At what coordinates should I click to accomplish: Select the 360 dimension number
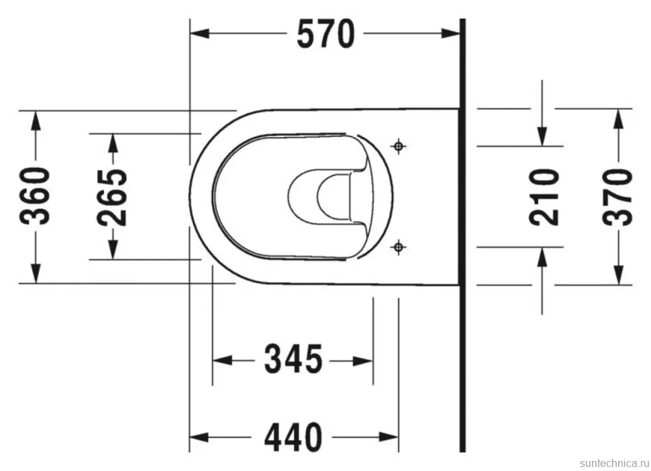(x=36, y=196)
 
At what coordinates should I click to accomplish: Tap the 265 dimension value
(x=113, y=197)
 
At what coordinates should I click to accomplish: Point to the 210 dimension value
(x=544, y=197)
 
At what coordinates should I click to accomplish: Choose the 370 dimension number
(x=618, y=197)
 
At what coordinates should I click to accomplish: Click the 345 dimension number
(x=293, y=358)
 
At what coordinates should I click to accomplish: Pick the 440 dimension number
(x=293, y=437)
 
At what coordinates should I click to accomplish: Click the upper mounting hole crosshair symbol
(x=399, y=146)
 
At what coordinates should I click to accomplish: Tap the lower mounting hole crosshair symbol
(x=399, y=247)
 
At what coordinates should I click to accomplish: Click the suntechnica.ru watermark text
(x=614, y=463)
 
